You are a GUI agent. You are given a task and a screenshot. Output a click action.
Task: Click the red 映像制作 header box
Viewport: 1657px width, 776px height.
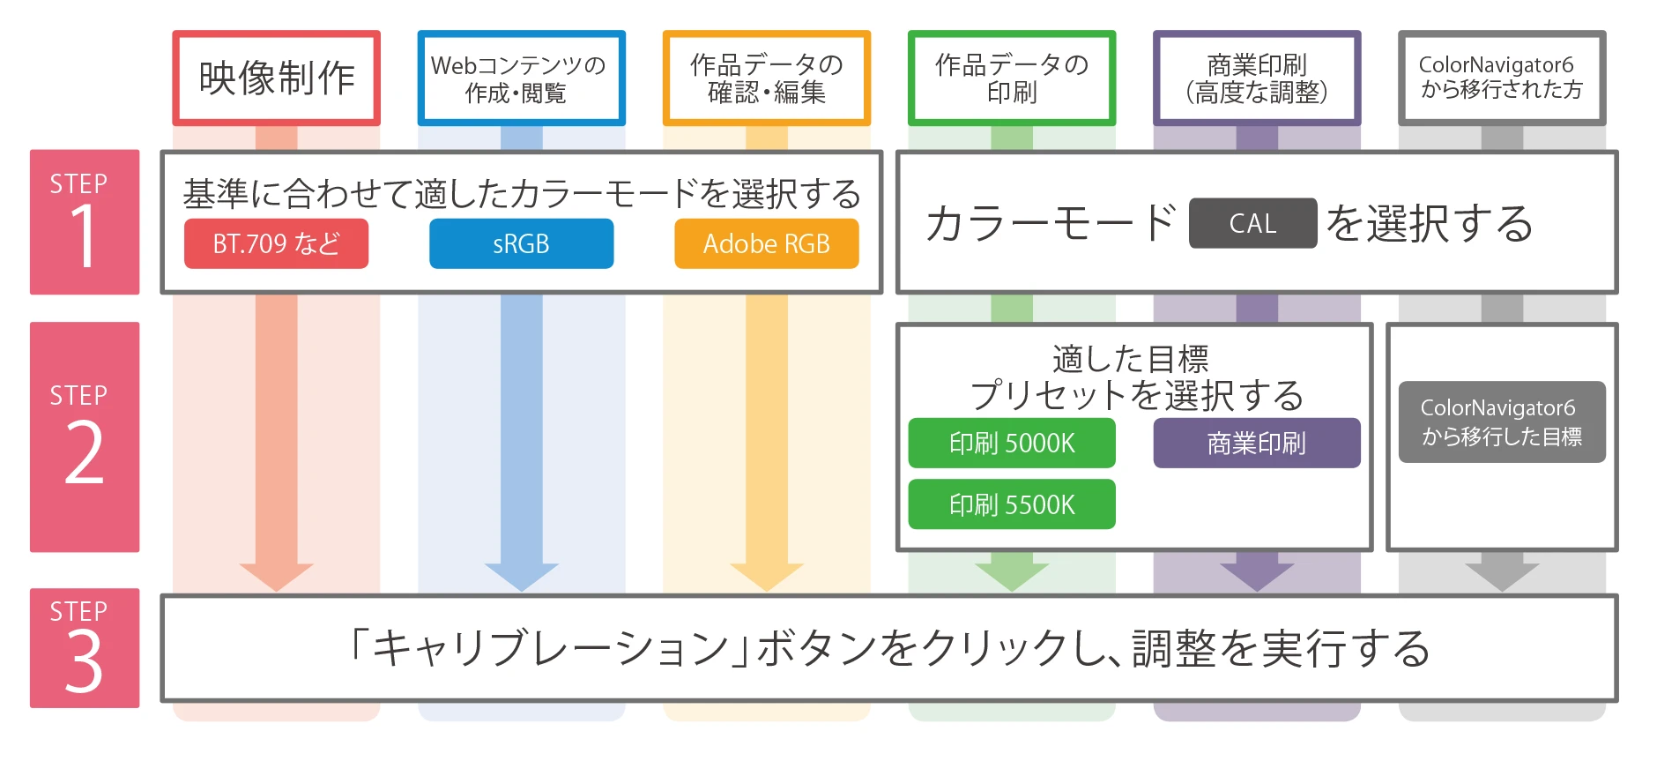pos(277,78)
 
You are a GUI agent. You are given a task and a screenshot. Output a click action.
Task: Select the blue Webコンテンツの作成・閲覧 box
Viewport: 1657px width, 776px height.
pos(522,78)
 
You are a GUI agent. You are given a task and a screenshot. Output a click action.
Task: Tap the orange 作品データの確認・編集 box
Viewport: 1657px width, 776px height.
pos(767,78)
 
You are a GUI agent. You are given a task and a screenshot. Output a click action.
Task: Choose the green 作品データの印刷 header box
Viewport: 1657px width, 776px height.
pos(1012,78)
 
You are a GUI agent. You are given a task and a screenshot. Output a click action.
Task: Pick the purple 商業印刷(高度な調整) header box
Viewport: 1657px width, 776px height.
pos(1257,78)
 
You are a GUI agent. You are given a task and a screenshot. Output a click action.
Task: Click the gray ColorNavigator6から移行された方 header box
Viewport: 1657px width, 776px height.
pos(1502,78)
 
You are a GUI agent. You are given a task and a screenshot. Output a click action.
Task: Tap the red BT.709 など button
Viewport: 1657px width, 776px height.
pos(277,243)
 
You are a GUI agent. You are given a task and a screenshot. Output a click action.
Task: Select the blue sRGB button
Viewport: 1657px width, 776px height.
pos(522,243)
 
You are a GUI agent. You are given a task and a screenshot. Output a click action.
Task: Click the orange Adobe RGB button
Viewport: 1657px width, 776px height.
pos(767,243)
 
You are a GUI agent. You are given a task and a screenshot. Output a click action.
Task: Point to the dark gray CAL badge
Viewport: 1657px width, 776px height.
pos(1252,223)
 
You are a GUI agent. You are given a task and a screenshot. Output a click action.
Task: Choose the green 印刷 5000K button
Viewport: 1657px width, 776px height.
pos(1012,443)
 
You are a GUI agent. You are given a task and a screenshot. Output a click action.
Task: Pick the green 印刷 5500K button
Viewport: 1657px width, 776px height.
pos(1012,504)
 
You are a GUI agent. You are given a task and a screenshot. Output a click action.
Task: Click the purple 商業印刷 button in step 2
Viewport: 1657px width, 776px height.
pos(1257,443)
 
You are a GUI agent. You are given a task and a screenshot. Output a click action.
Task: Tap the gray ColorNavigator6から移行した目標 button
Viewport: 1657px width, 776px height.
pos(1502,422)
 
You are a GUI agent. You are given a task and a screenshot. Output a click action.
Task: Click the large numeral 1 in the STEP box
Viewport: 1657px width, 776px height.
pos(85,235)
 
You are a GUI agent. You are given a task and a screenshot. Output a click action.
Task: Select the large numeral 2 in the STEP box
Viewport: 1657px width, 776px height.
pos(85,451)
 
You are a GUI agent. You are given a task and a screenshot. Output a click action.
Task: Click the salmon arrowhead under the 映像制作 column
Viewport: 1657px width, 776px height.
pos(277,577)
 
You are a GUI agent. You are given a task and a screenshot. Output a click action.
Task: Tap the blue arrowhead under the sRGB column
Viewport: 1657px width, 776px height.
pos(522,577)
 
